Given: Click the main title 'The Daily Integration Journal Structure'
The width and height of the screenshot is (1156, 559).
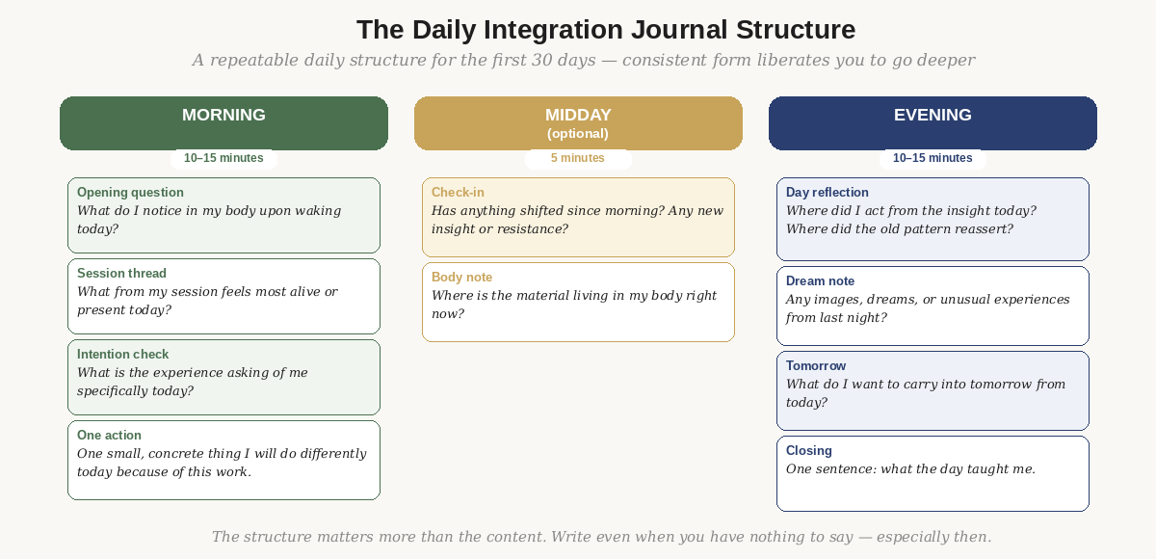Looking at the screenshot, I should (606, 30).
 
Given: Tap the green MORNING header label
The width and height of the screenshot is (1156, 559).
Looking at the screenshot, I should (223, 115).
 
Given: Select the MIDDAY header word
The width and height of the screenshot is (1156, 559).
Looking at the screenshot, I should (578, 115).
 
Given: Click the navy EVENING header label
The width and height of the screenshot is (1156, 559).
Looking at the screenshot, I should (933, 115).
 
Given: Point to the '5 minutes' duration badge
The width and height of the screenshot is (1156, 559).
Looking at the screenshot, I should (578, 158).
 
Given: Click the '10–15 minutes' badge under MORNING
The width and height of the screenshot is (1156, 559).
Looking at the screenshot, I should (223, 158).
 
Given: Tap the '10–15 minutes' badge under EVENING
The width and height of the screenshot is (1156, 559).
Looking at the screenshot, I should (933, 158).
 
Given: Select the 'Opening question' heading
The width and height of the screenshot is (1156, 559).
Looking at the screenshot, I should (130, 193).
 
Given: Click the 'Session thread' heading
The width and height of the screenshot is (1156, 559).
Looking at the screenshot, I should (121, 274).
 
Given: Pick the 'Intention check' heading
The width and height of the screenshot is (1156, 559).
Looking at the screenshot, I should (122, 355).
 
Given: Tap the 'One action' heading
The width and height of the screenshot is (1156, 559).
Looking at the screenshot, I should (109, 436).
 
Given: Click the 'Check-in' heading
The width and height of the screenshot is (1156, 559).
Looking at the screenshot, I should (458, 193).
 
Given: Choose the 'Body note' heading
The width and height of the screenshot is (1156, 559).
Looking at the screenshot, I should (461, 278).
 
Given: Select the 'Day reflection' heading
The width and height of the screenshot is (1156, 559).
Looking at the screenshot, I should (828, 193).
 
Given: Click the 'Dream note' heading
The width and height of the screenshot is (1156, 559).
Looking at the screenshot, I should (820, 281).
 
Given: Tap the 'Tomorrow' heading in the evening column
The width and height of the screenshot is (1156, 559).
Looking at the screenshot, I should (816, 366).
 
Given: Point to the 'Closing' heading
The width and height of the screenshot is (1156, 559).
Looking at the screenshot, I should (809, 451).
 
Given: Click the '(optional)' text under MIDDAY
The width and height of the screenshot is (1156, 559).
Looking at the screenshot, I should (578, 134).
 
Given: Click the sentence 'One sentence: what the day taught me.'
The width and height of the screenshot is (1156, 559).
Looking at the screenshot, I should (910, 469).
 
